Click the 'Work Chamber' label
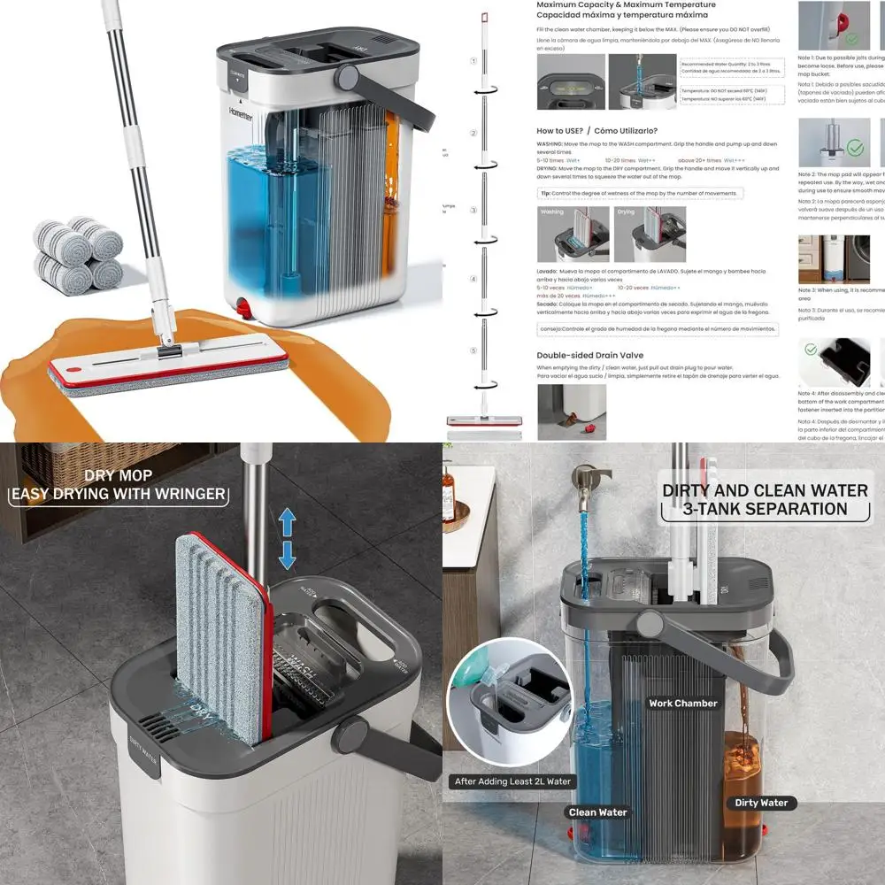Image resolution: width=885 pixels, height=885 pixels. pyautogui.click(x=683, y=704)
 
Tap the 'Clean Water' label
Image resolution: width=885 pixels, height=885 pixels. pyautogui.click(x=598, y=812)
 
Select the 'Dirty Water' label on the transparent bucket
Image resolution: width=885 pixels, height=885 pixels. pyautogui.click(x=761, y=803)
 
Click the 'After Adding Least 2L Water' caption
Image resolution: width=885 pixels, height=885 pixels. pyautogui.click(x=512, y=781)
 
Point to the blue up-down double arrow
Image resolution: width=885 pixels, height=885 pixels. pyautogui.click(x=287, y=540)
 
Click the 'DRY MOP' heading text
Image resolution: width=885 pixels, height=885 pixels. pyautogui.click(x=118, y=475)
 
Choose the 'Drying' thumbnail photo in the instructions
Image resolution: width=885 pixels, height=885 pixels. pyautogui.click(x=650, y=234)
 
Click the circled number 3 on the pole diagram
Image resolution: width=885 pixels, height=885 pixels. pyautogui.click(x=473, y=211)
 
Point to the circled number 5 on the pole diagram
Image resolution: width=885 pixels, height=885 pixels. pyautogui.click(x=473, y=350)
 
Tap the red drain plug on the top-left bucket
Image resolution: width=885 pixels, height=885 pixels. pyautogui.click(x=245, y=309)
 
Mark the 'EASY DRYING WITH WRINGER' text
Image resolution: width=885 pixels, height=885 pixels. pyautogui.click(x=118, y=494)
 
